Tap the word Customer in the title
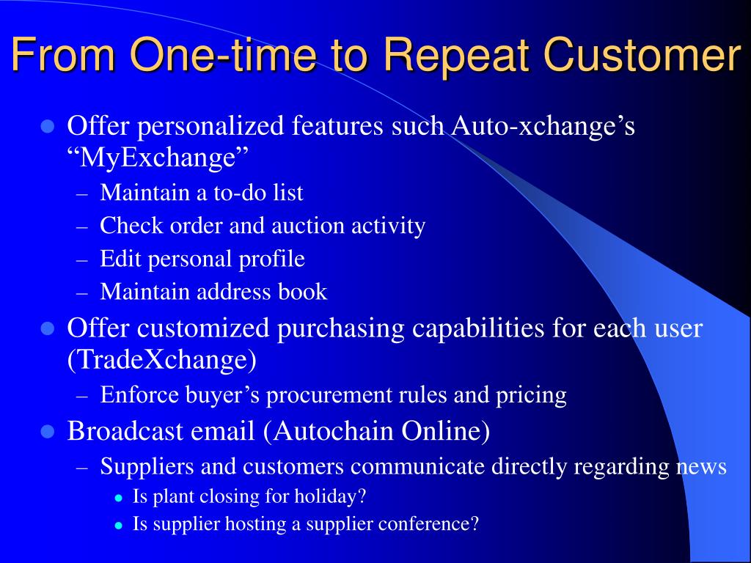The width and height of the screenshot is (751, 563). (x=643, y=54)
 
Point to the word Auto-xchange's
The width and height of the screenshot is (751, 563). (x=543, y=126)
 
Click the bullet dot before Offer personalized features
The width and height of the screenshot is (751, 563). (x=48, y=128)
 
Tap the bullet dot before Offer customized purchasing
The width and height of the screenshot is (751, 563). (x=48, y=329)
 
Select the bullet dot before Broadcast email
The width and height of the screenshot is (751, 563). (x=48, y=432)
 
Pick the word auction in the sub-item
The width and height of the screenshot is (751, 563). (x=309, y=226)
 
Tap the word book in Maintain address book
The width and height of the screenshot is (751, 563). (x=303, y=292)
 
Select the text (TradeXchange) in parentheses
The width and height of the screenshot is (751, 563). (x=162, y=360)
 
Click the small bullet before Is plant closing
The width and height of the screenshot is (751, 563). (x=120, y=498)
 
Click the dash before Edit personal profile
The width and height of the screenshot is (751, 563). (x=82, y=260)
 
